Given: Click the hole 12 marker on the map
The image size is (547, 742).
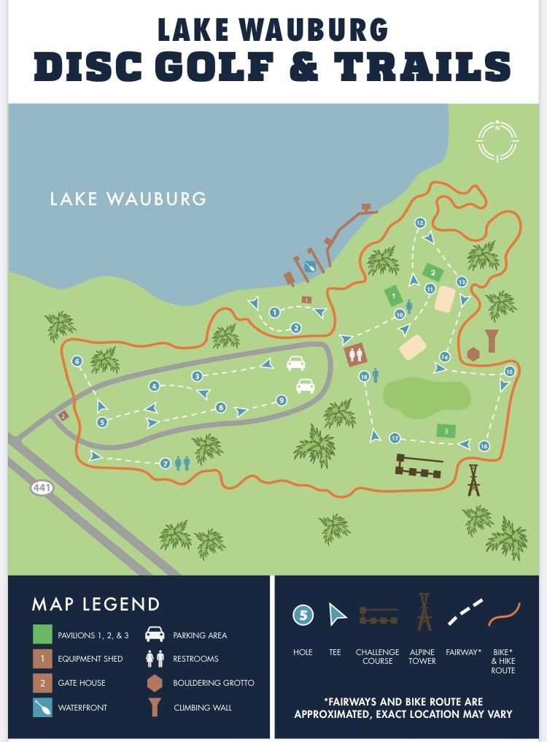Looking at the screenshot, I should [x=419, y=223].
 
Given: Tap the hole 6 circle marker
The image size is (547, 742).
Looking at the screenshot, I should [x=77, y=361].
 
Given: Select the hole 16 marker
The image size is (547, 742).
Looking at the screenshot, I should [x=484, y=446].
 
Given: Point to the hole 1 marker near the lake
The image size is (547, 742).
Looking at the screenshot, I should [x=275, y=313].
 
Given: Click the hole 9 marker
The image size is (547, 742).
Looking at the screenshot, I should [x=282, y=400].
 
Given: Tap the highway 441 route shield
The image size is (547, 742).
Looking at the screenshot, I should [x=42, y=487].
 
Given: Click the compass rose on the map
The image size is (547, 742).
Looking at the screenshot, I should [x=497, y=140].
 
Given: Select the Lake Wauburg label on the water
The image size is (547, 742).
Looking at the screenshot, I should [x=128, y=199].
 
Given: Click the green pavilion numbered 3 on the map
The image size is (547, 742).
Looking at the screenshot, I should [x=446, y=431].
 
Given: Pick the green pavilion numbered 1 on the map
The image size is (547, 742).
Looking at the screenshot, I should [x=393, y=296].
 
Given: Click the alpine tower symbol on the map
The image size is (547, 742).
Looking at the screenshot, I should [x=473, y=480].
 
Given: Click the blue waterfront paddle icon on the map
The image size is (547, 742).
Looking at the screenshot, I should [x=311, y=267].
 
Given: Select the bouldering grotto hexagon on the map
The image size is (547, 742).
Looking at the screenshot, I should [x=473, y=354].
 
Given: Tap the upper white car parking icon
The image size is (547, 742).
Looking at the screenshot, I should [x=296, y=363].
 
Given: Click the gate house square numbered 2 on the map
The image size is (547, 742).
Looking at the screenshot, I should [x=63, y=416].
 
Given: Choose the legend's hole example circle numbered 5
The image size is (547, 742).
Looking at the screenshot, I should [x=303, y=616].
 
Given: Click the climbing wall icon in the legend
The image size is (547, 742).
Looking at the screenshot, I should [x=155, y=707].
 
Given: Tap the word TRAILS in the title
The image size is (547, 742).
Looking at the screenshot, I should [x=422, y=66].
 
